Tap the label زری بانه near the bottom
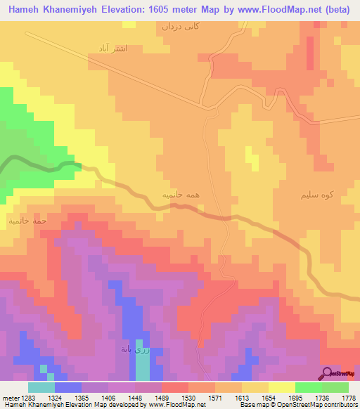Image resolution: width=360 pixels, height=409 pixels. (134, 349)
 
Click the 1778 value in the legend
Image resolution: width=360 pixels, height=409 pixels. (349, 398)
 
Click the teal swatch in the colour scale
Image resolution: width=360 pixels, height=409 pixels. (41, 387)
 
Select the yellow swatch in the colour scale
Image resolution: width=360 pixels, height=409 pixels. (281, 387)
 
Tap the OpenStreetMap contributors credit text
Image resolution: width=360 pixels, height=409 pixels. (316, 405)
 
